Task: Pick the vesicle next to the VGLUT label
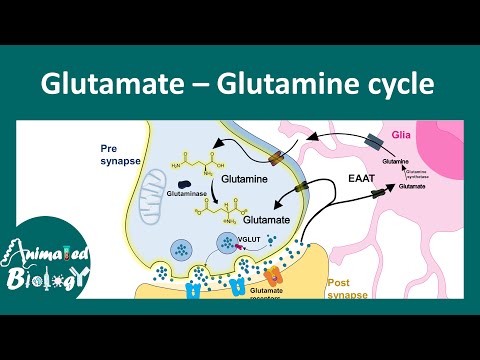pos(228,241)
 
